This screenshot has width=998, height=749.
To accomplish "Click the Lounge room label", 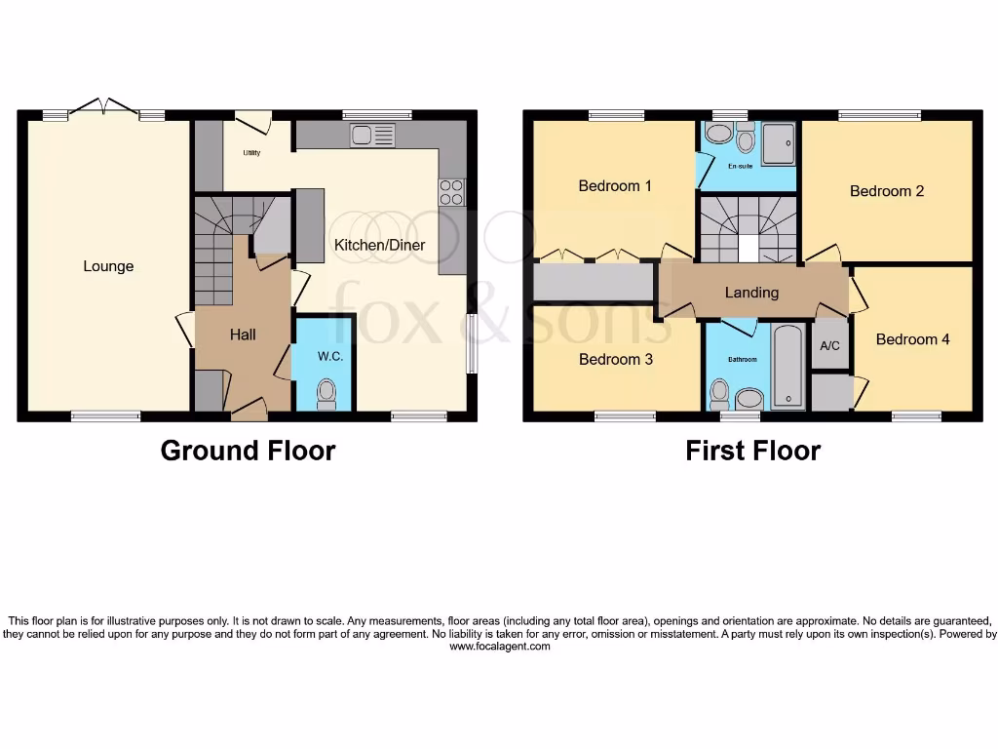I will (108, 266).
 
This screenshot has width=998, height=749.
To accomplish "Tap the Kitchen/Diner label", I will (379, 245).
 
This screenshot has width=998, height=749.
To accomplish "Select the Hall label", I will (243, 335).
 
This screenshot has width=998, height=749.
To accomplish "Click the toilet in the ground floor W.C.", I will (326, 393).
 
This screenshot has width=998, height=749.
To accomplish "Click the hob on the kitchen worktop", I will (452, 192).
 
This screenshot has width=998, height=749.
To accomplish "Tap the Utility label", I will (251, 153).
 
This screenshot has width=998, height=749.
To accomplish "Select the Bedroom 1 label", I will (615, 185).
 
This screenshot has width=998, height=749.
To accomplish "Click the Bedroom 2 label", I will (887, 191).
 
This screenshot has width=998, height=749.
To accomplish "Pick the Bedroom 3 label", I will (615, 359).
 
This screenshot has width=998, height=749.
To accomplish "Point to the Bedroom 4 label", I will (912, 339).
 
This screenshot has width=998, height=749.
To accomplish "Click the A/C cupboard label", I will (829, 346).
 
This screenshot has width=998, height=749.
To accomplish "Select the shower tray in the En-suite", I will (778, 143).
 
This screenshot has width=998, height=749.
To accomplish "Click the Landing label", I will (751, 292).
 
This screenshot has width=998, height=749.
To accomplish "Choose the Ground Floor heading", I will (248, 451).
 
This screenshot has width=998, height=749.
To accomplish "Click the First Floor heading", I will (752, 451).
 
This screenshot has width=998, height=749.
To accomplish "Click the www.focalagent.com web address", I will (499, 647).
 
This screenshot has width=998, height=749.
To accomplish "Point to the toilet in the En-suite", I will (746, 139).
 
